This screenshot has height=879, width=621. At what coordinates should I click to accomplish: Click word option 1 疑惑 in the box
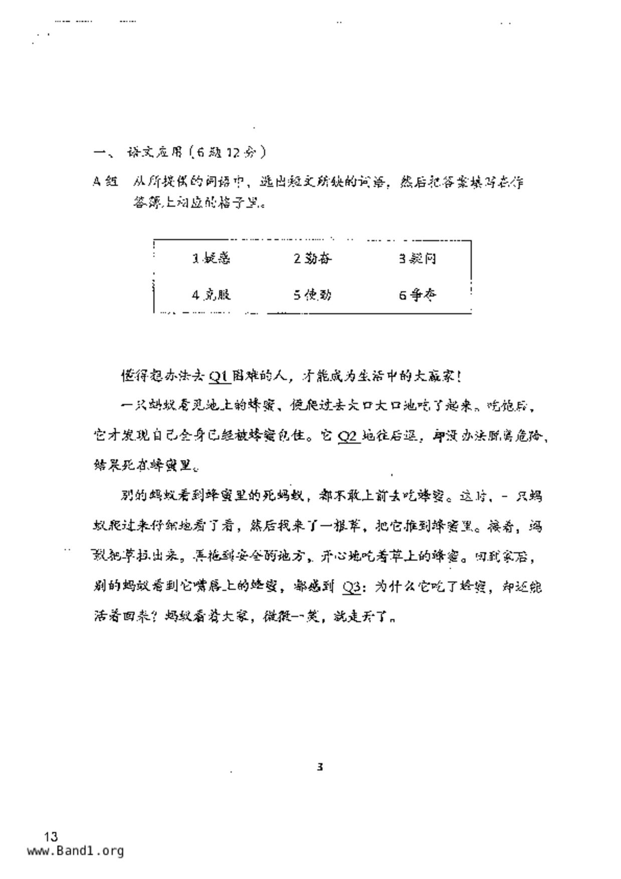pos(211,259)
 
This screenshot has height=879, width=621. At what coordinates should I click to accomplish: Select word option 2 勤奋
pos(312,259)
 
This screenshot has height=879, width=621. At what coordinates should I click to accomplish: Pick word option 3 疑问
pos(417,259)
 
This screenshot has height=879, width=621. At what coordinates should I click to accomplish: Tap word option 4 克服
pos(211,295)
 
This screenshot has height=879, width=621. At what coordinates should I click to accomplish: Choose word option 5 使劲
pos(312,295)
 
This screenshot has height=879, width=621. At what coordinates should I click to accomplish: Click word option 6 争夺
pos(417,295)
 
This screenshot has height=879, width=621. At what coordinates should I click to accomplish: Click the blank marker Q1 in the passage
pos(220,376)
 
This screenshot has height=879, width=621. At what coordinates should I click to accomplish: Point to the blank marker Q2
pos(349,436)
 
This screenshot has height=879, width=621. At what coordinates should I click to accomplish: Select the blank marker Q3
pos(352,586)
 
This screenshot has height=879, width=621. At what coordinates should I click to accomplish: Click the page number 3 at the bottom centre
pos(320,767)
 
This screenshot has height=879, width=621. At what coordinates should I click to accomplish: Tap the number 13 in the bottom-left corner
pos(51,836)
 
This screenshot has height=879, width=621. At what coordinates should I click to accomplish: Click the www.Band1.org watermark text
pos(75,851)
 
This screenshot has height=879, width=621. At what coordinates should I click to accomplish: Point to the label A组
pos(105,181)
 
